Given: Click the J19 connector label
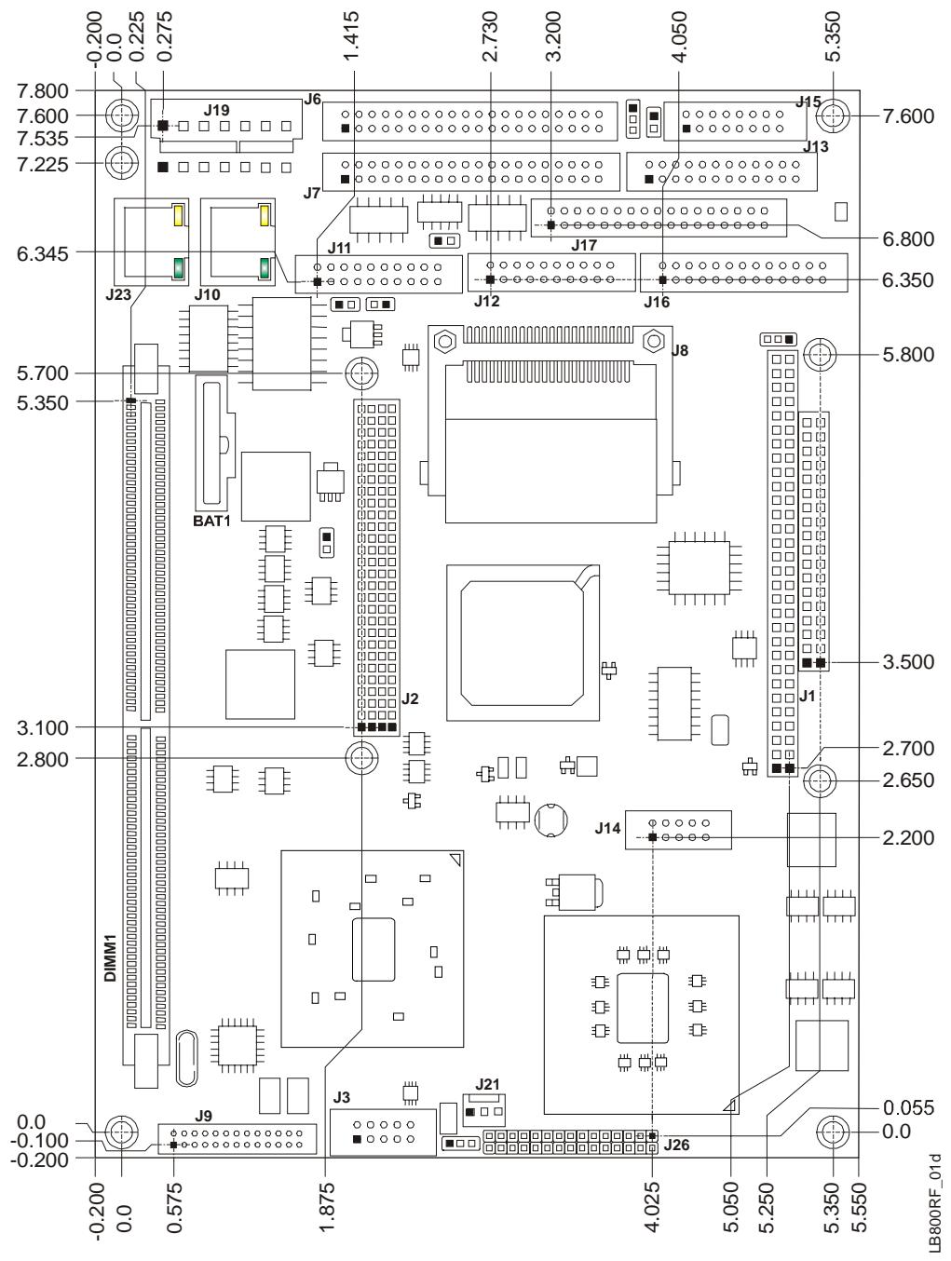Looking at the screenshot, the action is [217, 110].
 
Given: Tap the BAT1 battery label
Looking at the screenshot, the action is [211, 521].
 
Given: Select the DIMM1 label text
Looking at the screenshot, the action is [110, 958].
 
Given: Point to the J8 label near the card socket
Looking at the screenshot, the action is [679, 350].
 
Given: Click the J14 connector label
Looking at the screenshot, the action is [607, 828].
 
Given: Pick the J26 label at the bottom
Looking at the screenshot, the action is [676, 1145].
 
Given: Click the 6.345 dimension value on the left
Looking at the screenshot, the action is [43, 253].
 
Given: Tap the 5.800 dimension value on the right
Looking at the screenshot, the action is [908, 354].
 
